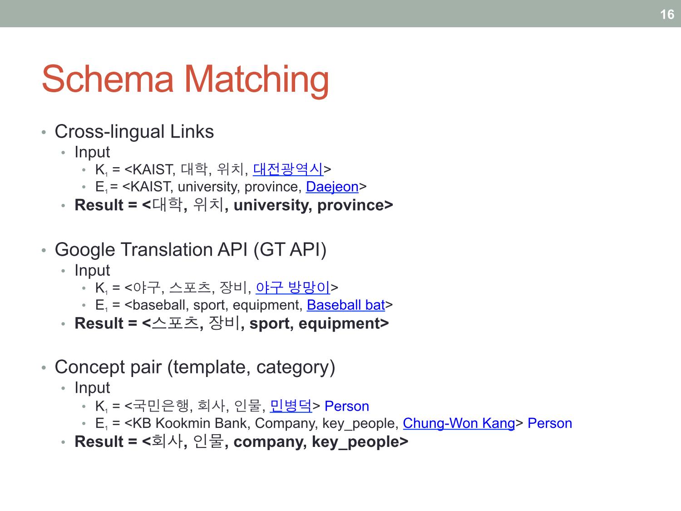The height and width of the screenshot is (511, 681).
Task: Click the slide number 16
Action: click(667, 14)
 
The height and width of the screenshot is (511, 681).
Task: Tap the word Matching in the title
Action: click(257, 81)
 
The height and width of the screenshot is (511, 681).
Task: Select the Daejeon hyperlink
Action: click(332, 187)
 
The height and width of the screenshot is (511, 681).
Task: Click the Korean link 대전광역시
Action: click(288, 169)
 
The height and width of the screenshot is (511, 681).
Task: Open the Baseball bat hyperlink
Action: click(346, 305)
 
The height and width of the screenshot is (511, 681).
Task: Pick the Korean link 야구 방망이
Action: click(293, 288)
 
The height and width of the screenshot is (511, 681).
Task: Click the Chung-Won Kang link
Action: click(459, 423)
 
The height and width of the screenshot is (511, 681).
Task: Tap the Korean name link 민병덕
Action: click(291, 406)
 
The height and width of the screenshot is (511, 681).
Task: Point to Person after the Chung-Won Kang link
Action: click(550, 423)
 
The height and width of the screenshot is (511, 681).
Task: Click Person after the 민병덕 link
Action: click(347, 406)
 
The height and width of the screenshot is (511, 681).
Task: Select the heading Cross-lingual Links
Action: click(134, 132)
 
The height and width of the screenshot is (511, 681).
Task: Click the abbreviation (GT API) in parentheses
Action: click(290, 250)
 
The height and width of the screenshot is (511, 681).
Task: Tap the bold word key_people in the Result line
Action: click(355, 442)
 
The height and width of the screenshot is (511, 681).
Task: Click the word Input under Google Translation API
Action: click(92, 270)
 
